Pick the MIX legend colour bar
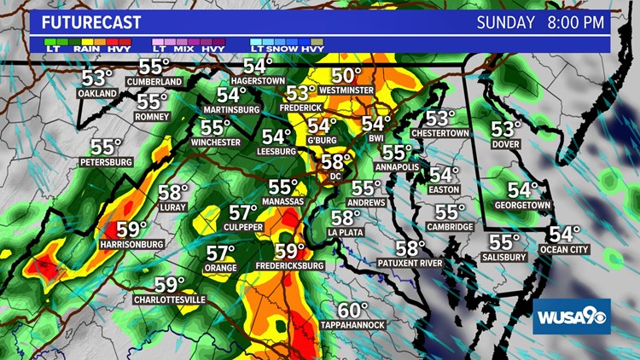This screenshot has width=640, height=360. coord(189,41)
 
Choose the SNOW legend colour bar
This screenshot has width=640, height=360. coord(288,41)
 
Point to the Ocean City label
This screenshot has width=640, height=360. coord(564,249)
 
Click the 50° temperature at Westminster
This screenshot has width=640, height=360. coord(347,75)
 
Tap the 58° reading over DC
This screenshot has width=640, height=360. coord(336,162)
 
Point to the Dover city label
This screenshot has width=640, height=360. coord(506,144)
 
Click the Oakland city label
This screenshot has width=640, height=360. coord(97,94)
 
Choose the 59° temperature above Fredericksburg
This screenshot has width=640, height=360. coord(289,251)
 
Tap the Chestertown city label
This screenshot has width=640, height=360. coord(442,133)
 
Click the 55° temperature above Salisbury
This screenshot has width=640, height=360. coord(504,242)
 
